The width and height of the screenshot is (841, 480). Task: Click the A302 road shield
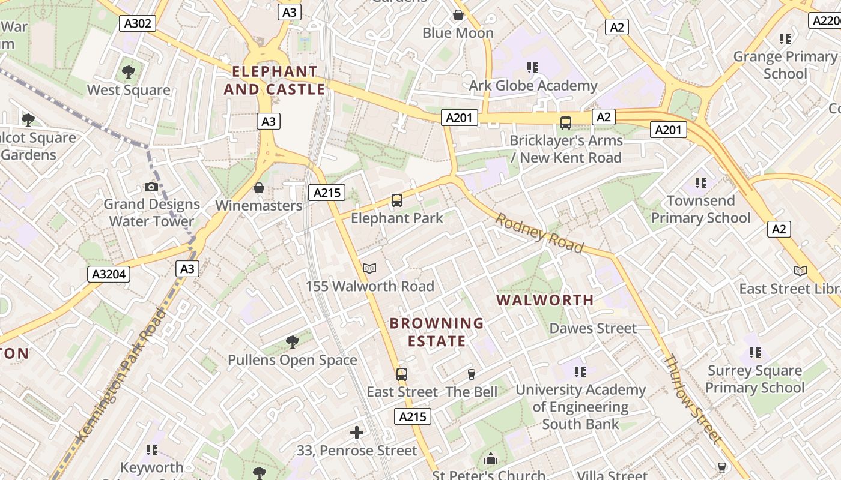[138, 23]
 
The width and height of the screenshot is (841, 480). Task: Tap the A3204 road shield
[109, 274]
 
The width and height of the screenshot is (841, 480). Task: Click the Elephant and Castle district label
[275, 80]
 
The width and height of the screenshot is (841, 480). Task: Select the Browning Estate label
[437, 332]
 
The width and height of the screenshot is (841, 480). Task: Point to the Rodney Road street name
[539, 233]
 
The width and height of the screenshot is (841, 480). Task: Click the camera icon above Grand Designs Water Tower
[151, 187]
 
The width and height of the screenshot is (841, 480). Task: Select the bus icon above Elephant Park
[396, 200]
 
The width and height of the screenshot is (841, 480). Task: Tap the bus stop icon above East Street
[402, 374]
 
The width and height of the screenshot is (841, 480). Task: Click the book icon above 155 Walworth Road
[369, 269]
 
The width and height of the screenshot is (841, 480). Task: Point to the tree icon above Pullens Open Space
[292, 342]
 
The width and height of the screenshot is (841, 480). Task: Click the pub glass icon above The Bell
[472, 374]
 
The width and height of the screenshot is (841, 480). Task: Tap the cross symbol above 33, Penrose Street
[357, 432]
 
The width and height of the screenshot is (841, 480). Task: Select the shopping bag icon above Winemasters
[259, 188]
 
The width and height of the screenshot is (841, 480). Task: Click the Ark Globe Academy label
[533, 86]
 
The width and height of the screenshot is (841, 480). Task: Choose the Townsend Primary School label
[701, 209]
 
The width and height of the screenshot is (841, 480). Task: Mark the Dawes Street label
[593, 328]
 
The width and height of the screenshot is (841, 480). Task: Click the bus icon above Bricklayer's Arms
[566, 123]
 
